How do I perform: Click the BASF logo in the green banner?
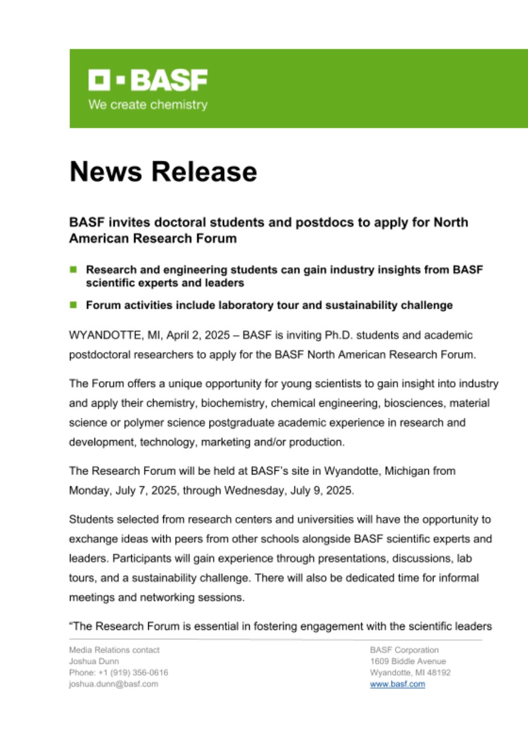click(148, 80)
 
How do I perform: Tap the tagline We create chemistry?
click(148, 105)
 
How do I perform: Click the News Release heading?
click(163, 172)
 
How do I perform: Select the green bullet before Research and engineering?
click(74, 270)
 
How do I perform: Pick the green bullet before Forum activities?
click(74, 304)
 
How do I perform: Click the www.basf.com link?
click(397, 684)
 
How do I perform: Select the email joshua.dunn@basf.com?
click(113, 684)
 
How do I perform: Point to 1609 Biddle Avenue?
click(407, 661)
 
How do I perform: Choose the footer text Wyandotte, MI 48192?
click(410, 673)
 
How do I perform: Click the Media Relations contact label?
click(114, 649)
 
